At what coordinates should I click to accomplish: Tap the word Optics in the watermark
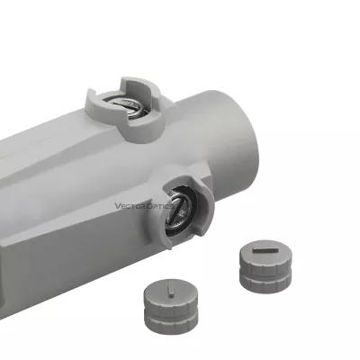tap(160, 206)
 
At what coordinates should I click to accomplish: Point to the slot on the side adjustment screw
tap(175, 208)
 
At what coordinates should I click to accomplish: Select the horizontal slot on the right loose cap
tap(265, 250)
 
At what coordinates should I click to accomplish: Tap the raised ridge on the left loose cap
tap(171, 292)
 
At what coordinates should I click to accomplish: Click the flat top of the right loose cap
tap(265, 251)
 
